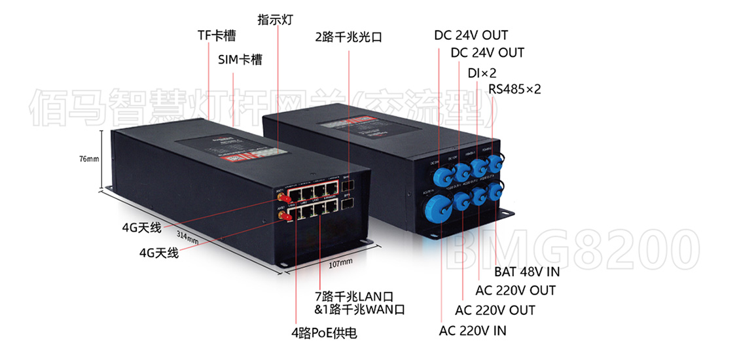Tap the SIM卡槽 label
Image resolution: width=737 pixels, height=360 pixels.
(240, 60)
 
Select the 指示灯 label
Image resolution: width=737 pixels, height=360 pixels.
(274, 20)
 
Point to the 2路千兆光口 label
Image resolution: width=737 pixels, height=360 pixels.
(348, 37)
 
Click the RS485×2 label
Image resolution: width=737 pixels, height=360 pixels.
(514, 89)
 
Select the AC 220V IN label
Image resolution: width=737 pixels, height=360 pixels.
(473, 331)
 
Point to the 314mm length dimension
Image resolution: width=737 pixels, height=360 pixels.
(187, 235)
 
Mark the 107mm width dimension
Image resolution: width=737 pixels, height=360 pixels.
(340, 262)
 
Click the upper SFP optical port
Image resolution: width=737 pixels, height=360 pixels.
(348, 183)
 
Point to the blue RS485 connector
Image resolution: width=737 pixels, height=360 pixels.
(492, 171)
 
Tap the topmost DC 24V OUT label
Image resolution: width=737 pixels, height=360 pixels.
(471, 35)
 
